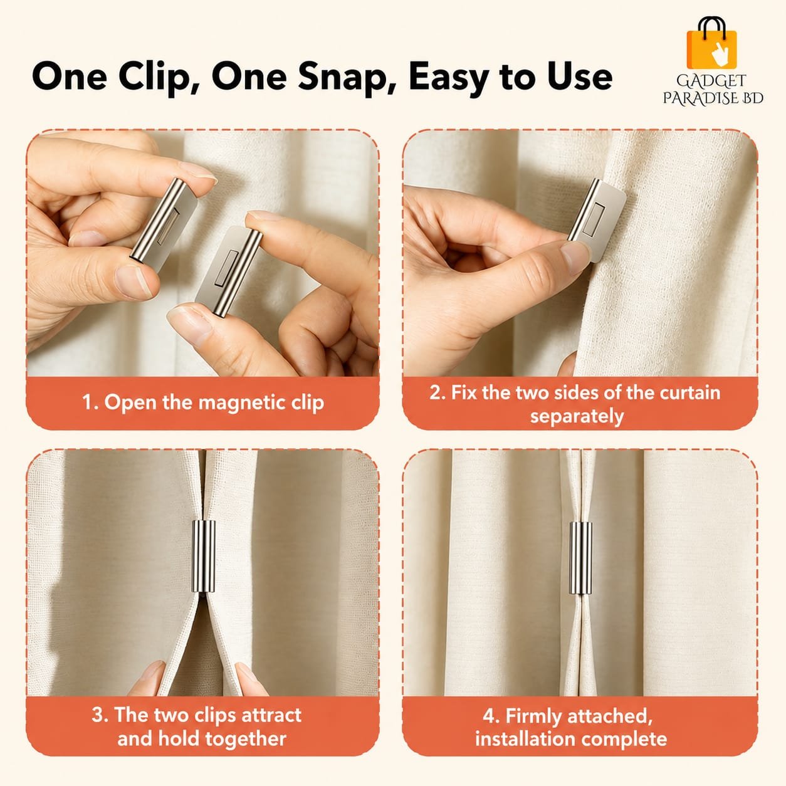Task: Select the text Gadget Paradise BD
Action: coord(713,90)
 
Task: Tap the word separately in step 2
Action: coord(577,416)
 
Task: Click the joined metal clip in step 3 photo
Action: coord(203,557)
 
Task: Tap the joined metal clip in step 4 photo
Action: coord(580,558)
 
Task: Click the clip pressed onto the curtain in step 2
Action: coord(596,217)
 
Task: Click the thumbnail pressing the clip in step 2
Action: coord(575,256)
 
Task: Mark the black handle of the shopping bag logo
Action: coord(712,24)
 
